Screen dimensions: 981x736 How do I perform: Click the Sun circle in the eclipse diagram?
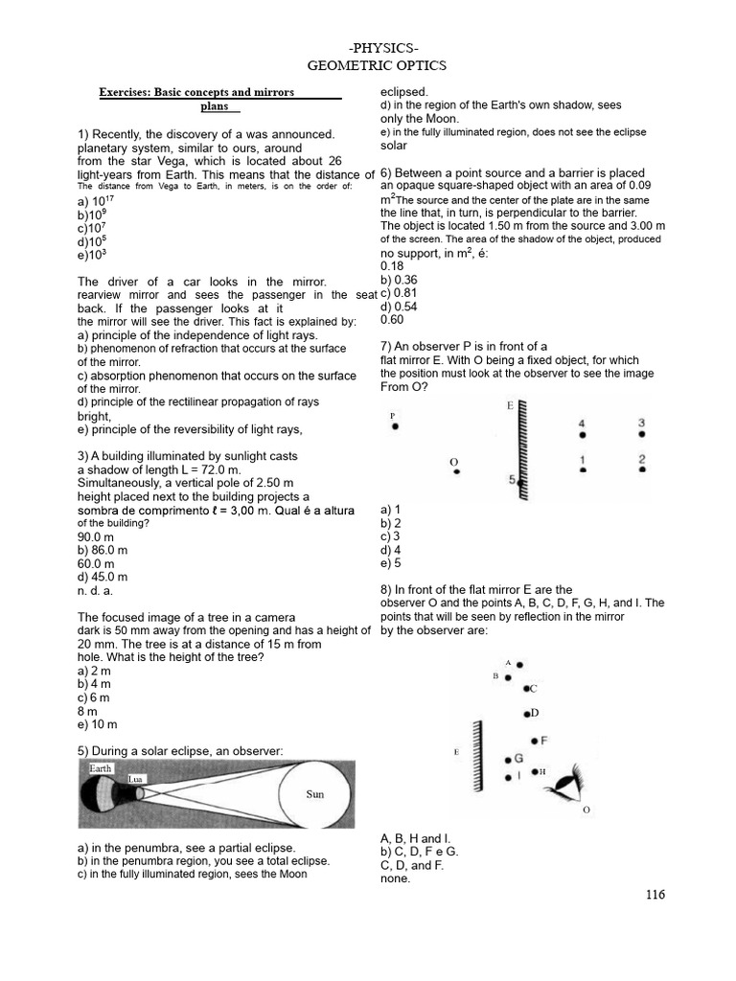click(x=314, y=794)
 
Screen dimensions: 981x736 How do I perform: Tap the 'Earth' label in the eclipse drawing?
click(x=101, y=768)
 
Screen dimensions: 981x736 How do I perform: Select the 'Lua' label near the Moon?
click(x=135, y=780)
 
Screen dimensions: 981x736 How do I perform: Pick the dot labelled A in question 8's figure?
click(x=519, y=664)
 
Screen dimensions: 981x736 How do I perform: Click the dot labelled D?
click(x=526, y=714)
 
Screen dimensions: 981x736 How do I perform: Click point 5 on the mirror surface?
click(x=520, y=484)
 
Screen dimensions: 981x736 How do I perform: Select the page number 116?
click(x=655, y=895)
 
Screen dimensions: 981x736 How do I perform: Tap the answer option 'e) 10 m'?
click(x=98, y=725)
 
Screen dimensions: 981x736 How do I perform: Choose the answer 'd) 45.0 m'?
click(x=103, y=577)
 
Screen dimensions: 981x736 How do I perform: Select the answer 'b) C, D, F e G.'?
click(x=420, y=851)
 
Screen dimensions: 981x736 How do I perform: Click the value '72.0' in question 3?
click(x=229, y=470)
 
